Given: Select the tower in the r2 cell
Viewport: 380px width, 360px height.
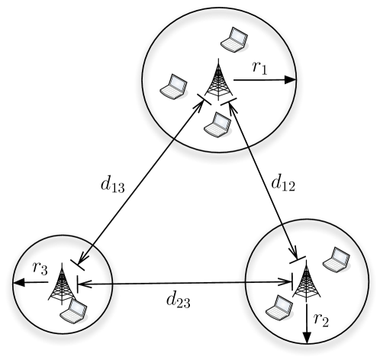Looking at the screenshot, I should (x=305, y=281).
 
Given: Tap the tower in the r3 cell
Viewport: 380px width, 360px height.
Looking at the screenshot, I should (x=64, y=283).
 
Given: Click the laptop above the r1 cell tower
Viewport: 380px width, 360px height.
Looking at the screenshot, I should (x=232, y=38).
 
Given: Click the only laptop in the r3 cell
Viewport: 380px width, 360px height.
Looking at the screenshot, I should (x=77, y=310).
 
